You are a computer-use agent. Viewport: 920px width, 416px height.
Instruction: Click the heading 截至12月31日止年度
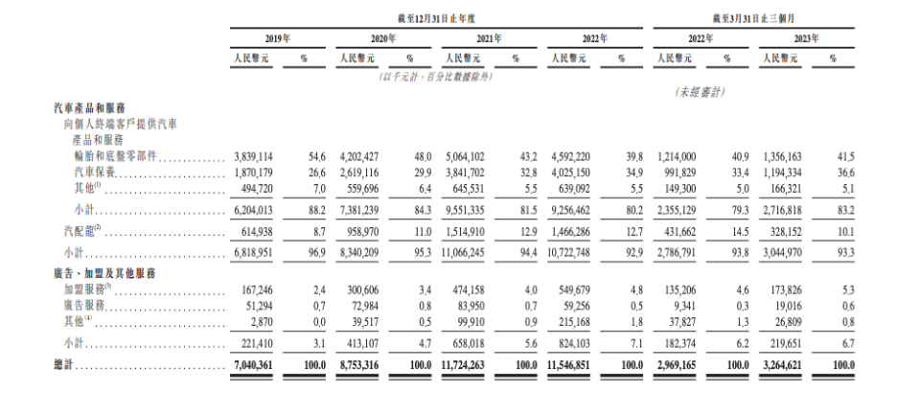(432, 17)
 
